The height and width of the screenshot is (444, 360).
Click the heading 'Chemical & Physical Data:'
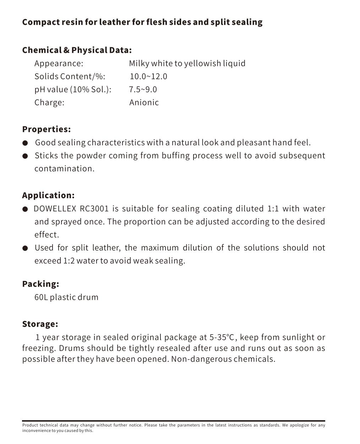pos(77,50)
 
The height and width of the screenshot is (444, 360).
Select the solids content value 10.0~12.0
pos(148,76)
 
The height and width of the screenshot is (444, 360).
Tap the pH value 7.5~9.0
pos(143,89)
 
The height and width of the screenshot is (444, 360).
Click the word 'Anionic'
pos(144,102)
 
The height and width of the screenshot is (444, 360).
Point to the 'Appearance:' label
pos(59,63)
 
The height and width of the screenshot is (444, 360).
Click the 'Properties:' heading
pos(46,129)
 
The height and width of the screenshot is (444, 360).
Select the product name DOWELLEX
pos(55,209)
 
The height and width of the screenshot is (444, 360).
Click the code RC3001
pos(94,209)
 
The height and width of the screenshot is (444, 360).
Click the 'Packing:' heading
pos(40,284)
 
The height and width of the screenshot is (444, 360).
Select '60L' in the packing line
pos(41,297)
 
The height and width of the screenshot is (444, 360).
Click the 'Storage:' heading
pos(40,324)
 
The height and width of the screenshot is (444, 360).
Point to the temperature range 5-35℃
pos(222,337)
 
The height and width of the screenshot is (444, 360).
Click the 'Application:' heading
pos(48,195)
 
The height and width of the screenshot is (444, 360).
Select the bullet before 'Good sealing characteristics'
pos(25,143)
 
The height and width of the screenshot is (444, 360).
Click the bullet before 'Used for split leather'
pos(25,248)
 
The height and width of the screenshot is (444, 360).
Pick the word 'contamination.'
pos(64,168)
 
